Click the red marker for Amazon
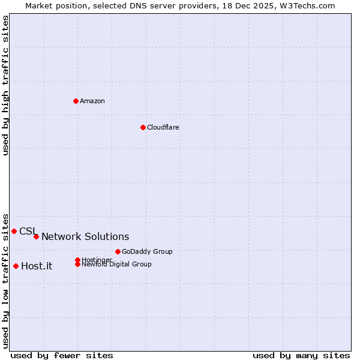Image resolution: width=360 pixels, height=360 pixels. click(x=76, y=101)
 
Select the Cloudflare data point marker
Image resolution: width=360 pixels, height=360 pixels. click(x=143, y=127)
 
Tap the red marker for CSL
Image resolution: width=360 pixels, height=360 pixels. click(x=14, y=231)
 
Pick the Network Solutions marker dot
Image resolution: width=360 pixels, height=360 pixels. click(x=36, y=236)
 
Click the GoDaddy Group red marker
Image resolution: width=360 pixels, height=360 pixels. click(x=118, y=251)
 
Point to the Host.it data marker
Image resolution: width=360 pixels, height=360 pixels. click(x=16, y=266)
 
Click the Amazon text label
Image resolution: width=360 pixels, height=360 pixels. click(x=92, y=101)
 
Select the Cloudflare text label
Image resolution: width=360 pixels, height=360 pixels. click(x=163, y=127)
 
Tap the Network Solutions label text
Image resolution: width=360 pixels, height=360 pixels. click(x=85, y=237)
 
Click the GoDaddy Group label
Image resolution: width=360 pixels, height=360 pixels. click(x=147, y=251)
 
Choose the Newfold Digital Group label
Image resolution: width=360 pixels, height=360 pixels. click(x=116, y=264)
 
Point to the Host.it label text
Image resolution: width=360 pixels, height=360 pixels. click(x=37, y=266)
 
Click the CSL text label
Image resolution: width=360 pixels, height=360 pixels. click(x=28, y=231)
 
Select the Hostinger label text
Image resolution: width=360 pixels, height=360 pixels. click(x=97, y=259)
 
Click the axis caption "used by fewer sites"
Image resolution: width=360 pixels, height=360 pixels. click(x=62, y=355)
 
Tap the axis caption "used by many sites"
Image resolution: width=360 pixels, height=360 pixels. click(x=301, y=355)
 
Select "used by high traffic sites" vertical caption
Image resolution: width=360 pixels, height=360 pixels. click(x=6, y=85)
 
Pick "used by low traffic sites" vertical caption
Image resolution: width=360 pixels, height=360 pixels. click(x=6, y=280)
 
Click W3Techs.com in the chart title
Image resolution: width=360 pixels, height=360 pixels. click(x=305, y=5)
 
